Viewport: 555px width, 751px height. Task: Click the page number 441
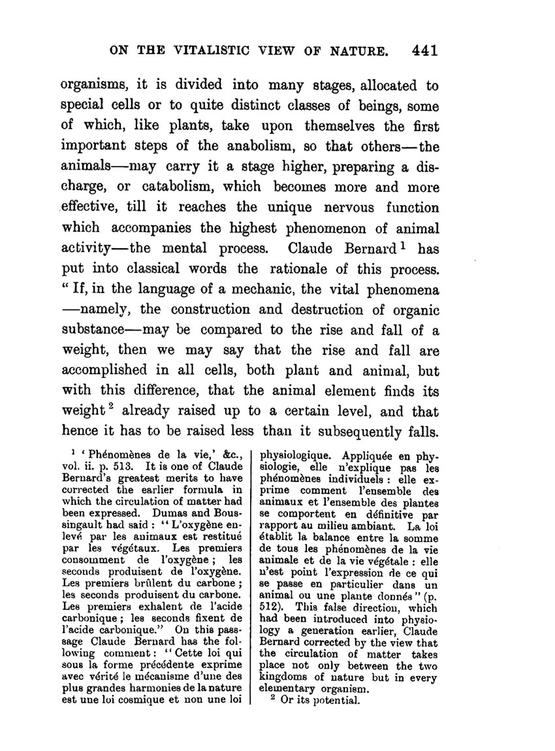click(x=425, y=50)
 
